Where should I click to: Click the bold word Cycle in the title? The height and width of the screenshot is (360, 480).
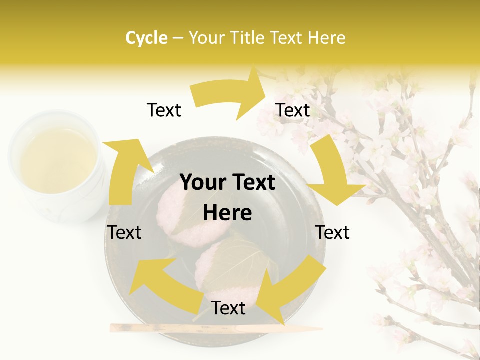click(146, 38)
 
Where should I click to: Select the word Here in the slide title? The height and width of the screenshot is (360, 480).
click(326, 38)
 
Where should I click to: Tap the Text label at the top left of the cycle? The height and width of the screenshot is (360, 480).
click(164, 110)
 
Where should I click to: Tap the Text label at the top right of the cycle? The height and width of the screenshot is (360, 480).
click(293, 110)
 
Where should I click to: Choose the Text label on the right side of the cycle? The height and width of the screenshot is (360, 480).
click(332, 232)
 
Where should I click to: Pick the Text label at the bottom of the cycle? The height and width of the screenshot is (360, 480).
click(228, 308)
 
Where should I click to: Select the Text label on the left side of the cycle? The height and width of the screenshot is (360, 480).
click(124, 232)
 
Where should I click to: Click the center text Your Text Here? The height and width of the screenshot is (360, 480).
click(227, 197)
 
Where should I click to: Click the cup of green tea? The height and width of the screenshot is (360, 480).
click(57, 165)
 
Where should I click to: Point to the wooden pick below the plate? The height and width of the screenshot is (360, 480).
click(215, 328)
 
